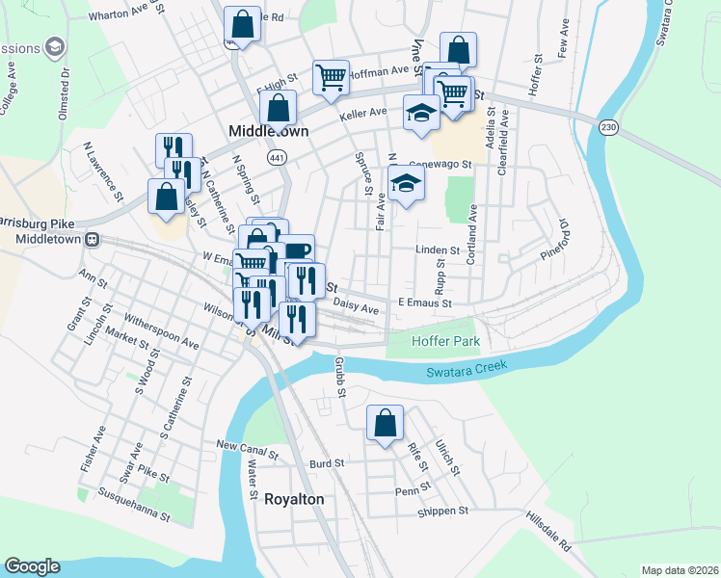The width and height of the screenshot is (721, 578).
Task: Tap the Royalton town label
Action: click(x=294, y=500)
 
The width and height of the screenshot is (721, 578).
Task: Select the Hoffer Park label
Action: click(x=444, y=342)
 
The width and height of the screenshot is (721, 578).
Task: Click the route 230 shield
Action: click(x=608, y=127)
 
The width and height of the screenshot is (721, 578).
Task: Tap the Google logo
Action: click(x=32, y=565)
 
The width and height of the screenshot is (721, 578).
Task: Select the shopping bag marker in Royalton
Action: click(x=385, y=423)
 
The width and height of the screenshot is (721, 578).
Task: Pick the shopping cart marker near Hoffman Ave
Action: click(x=331, y=76)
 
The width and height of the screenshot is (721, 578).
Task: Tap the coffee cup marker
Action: click(x=297, y=251)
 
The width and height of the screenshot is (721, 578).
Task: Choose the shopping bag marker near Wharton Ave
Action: click(x=242, y=24)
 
